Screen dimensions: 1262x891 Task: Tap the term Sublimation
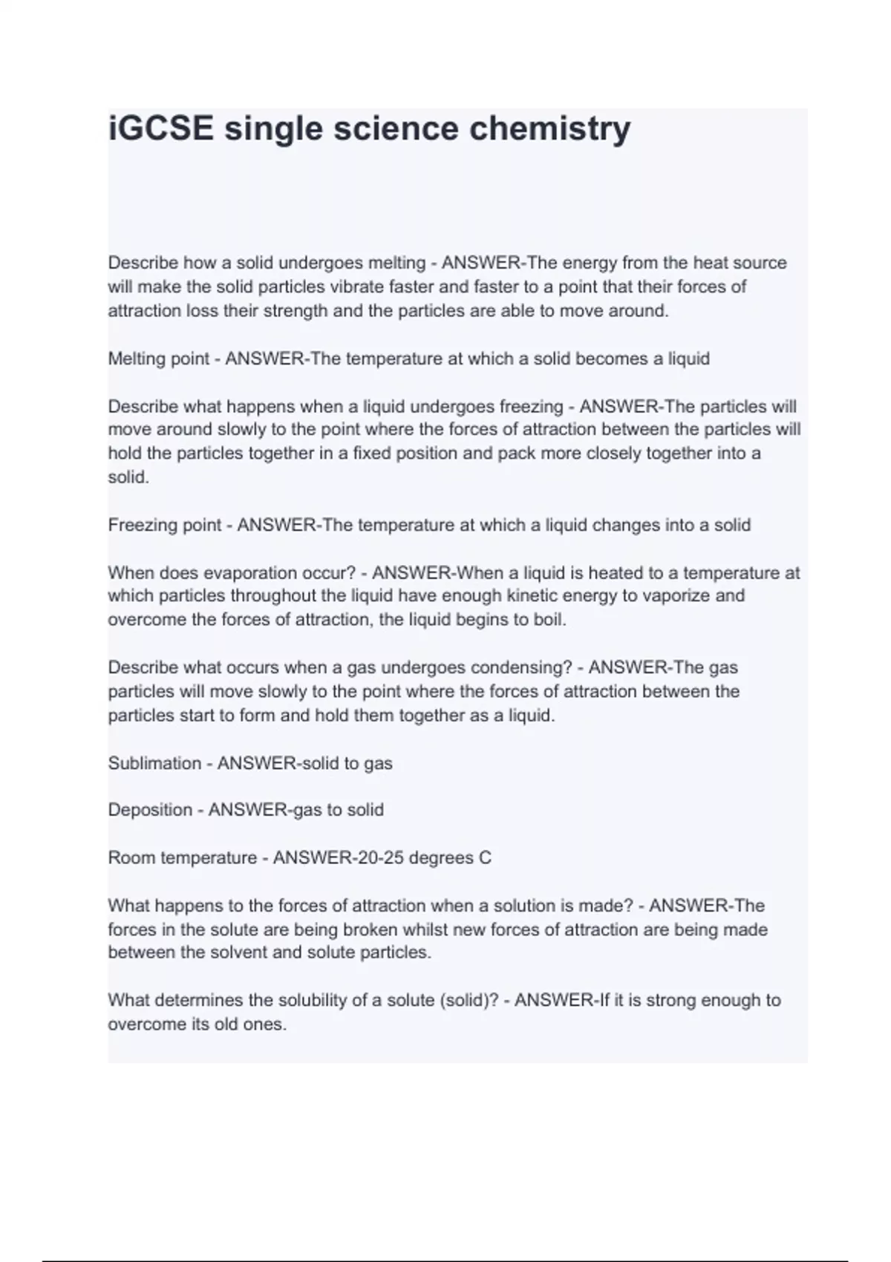(154, 763)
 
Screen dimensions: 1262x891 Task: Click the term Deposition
(150, 810)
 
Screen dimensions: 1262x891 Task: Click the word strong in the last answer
(669, 1000)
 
